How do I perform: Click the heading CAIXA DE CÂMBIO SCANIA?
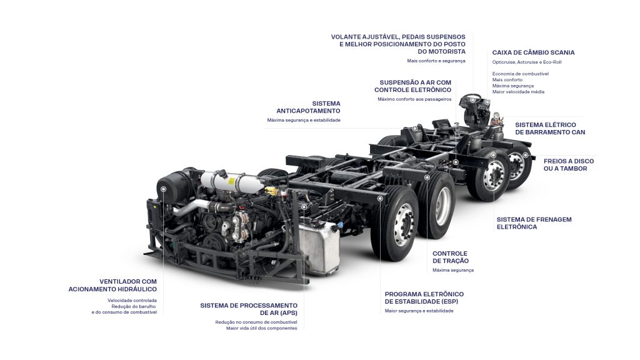click(x=533, y=52)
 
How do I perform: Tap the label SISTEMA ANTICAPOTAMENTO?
click(x=308, y=107)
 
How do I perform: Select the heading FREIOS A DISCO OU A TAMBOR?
click(x=569, y=165)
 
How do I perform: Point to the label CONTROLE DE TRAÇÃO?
click(x=450, y=257)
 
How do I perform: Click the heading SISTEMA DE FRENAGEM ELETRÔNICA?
click(x=534, y=223)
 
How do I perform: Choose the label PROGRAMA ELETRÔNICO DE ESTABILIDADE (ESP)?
click(x=424, y=298)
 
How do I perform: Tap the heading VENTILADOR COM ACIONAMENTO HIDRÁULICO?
click(x=112, y=285)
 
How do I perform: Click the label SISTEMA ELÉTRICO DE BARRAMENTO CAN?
click(x=550, y=129)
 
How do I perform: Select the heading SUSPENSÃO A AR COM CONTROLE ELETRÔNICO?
click(x=412, y=86)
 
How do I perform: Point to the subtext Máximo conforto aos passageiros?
click(x=414, y=99)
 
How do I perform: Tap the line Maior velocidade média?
click(x=518, y=92)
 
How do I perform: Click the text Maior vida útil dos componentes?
click(x=262, y=328)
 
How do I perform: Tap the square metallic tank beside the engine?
click(x=319, y=246)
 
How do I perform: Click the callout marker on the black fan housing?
click(x=163, y=189)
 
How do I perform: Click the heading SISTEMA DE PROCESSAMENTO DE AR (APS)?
click(x=249, y=309)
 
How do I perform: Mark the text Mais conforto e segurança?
click(x=436, y=61)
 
